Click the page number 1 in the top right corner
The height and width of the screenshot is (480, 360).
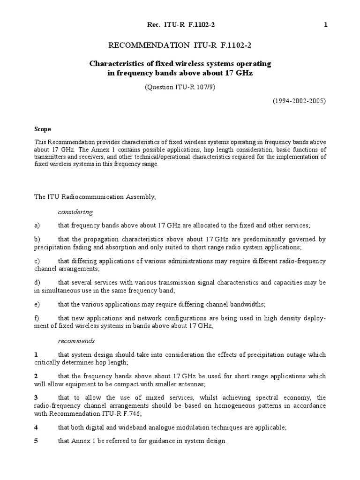pyautogui.click(x=325, y=25)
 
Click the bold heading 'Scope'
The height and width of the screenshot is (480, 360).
pyautogui.click(x=42, y=129)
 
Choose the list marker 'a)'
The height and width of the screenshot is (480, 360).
pyautogui.click(x=37, y=225)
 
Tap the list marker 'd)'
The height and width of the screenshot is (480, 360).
pyautogui.click(x=37, y=283)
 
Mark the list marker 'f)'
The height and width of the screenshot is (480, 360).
pyautogui.click(x=37, y=319)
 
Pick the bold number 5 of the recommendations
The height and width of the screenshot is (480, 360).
pyautogui.click(x=36, y=441)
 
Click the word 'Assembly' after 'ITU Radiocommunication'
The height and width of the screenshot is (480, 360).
pyautogui.click(x=139, y=197)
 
